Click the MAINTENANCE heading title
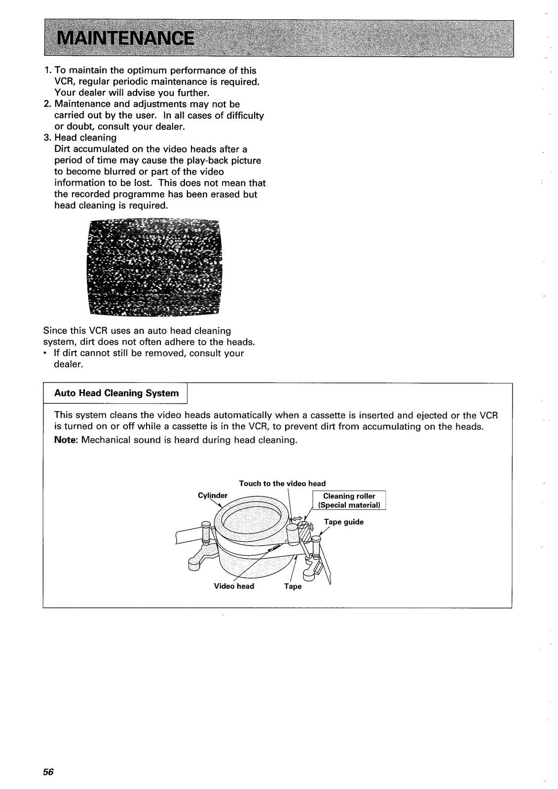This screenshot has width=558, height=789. click(x=124, y=38)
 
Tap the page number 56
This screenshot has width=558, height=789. click(x=47, y=772)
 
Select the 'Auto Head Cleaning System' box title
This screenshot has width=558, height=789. click(x=116, y=393)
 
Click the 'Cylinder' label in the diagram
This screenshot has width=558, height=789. click(x=212, y=495)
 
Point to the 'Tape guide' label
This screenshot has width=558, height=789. click(x=343, y=522)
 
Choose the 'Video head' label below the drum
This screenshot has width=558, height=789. click(x=234, y=586)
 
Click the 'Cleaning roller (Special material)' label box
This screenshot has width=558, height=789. click(x=349, y=501)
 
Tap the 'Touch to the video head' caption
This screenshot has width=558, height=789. click(x=282, y=483)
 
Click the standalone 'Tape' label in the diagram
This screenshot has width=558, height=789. click(x=293, y=587)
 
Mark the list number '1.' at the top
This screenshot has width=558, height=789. click(x=47, y=71)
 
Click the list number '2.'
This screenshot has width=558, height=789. click(x=47, y=104)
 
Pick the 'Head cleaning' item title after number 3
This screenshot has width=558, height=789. click(x=85, y=138)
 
